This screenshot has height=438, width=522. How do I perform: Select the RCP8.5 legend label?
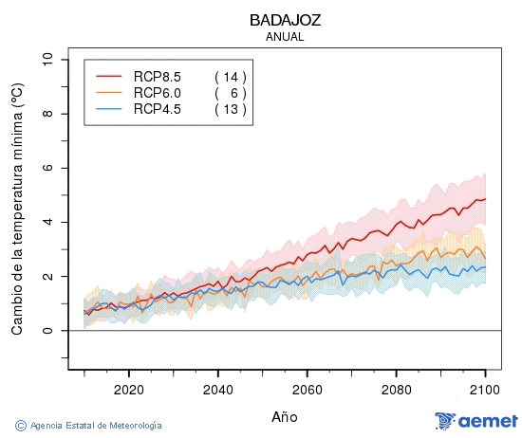[157, 76]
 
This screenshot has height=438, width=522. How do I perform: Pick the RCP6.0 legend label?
[157, 92]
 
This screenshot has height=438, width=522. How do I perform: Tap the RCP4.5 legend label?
[157, 109]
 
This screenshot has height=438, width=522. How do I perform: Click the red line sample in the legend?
[109, 76]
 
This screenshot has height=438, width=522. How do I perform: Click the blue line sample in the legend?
[109, 109]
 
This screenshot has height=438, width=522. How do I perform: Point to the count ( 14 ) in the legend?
[230, 76]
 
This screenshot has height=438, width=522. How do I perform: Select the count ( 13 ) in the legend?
[230, 109]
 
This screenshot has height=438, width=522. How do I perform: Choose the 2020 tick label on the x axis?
[128, 390]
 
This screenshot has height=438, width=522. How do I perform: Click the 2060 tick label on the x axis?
[308, 390]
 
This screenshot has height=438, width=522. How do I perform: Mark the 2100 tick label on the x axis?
[486, 390]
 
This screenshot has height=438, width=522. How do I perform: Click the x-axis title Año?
[284, 416]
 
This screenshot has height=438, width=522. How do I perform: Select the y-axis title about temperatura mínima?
[16, 209]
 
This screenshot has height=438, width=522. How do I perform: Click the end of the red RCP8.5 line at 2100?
[486, 199]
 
